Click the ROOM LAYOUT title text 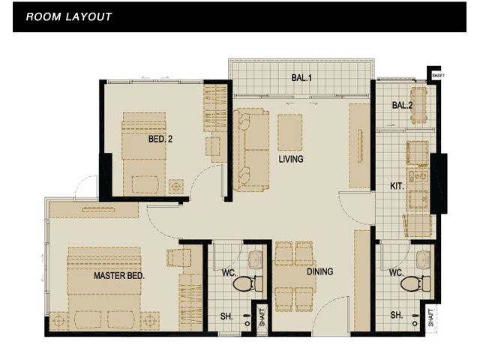[69, 16]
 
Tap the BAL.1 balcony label [301, 78]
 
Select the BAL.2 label [402, 105]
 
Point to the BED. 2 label [160, 139]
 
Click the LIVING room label [291, 159]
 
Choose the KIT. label [397, 186]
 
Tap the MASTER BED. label [119, 276]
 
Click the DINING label [320, 271]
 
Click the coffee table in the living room [290, 133]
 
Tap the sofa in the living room [251, 150]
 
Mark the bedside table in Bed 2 [176, 187]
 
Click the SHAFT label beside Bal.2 [438, 75]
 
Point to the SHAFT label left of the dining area [262, 317]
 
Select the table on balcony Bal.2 [419, 105]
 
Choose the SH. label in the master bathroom [226, 316]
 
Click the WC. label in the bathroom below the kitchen [396, 272]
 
